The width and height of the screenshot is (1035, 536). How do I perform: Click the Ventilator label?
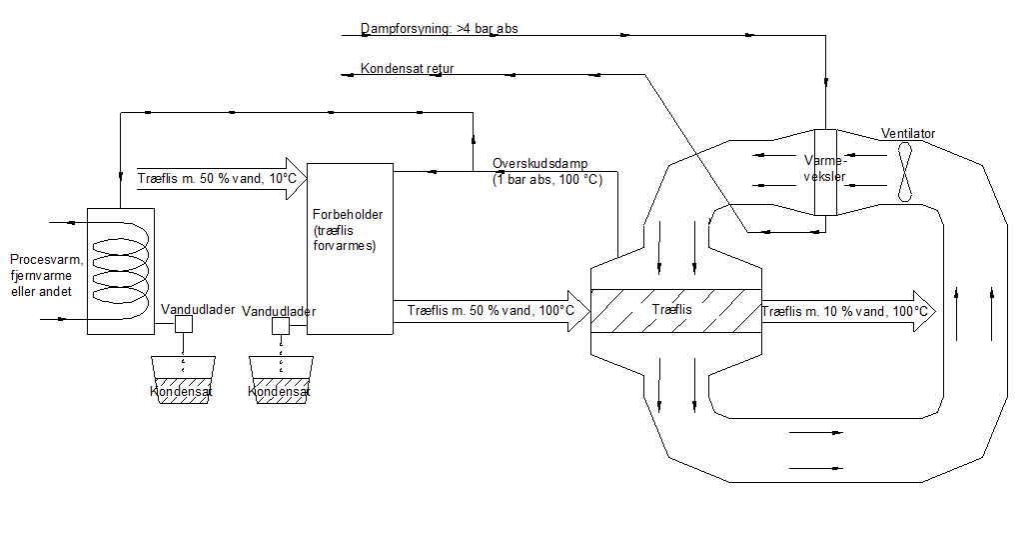pyautogui.click(x=908, y=134)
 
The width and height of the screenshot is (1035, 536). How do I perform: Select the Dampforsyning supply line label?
pyautogui.click(x=440, y=29)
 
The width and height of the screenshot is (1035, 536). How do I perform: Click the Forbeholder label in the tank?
pyautogui.click(x=348, y=215)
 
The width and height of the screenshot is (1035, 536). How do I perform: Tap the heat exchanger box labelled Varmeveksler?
pyautogui.click(x=825, y=172)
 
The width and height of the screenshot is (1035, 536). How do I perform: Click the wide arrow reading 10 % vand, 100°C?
pyautogui.click(x=849, y=311)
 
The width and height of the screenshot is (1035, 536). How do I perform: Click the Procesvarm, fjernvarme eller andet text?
pyautogui.click(x=41, y=275)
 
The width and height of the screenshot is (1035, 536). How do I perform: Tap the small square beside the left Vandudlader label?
pyautogui.click(x=183, y=325)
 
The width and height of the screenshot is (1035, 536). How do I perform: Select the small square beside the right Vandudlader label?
pyautogui.click(x=281, y=327)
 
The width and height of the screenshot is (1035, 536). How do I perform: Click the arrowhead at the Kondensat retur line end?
pyautogui.click(x=346, y=74)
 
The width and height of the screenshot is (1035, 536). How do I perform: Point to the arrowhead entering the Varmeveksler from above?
pyautogui.click(x=825, y=82)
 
